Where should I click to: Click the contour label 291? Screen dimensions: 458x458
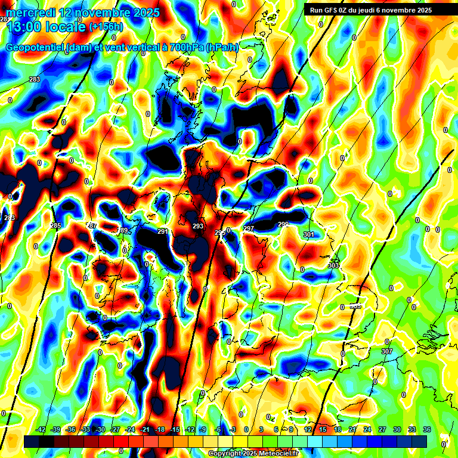click(163, 231)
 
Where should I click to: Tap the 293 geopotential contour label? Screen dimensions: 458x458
click(198, 227)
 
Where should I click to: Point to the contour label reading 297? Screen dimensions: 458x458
click(249, 228)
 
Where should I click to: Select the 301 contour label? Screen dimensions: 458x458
click(308, 234)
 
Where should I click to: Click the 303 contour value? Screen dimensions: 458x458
click(333, 265)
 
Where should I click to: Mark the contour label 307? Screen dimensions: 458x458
click(387, 351)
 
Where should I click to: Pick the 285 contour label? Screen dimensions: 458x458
click(55, 225)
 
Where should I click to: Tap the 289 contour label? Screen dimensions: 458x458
click(123, 230)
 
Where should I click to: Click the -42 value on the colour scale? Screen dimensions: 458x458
click(41, 429)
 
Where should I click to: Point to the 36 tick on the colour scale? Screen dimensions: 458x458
click(427, 429)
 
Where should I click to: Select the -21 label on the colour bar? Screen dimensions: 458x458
click(144, 429)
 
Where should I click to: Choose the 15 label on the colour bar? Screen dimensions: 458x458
click(323, 429)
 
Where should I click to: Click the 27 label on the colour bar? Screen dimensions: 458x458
click(382, 429)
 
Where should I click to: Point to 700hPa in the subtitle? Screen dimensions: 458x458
click(182, 48)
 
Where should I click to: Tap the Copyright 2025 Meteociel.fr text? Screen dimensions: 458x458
click(253, 453)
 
